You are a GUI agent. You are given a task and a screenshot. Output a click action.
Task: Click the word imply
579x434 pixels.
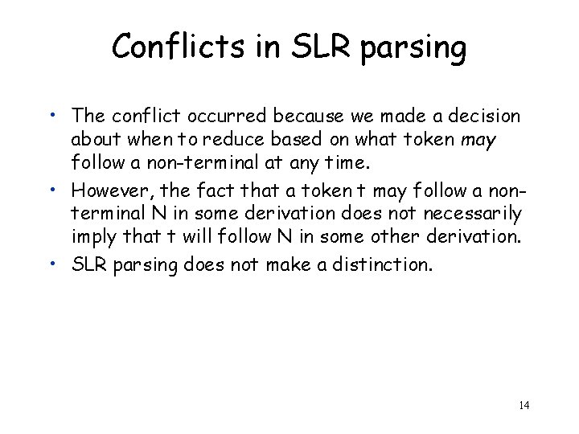pos(92,238)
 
